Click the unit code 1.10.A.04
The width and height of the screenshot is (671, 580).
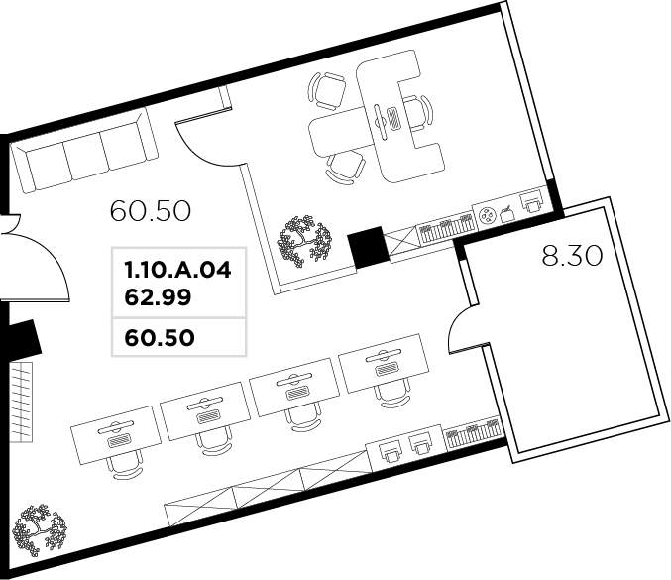177,270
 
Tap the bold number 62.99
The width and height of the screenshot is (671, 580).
158,297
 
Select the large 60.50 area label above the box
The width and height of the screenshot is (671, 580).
151,211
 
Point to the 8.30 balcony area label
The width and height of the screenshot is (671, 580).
572,256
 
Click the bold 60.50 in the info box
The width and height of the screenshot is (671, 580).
160,338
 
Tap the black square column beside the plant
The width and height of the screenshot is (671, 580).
368,247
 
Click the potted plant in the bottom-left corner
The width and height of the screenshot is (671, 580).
39,529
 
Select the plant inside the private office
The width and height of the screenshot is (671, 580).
304,241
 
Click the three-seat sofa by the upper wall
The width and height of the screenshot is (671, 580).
84,151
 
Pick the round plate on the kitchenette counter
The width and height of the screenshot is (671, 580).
487,215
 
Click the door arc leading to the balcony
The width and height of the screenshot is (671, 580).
462,329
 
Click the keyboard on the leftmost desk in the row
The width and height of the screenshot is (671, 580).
119,440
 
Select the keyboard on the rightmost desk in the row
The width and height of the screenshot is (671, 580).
387,369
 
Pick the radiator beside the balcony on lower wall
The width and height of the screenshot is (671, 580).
473,432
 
